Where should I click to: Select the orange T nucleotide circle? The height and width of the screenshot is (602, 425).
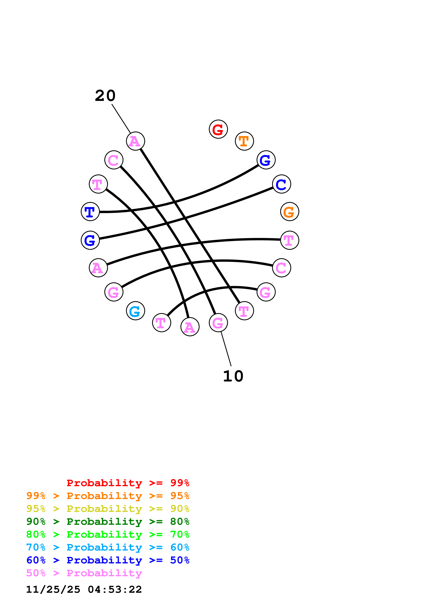coord(244,141)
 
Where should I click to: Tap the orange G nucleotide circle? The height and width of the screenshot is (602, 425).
coord(289,212)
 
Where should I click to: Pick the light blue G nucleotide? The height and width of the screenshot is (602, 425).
coord(135,311)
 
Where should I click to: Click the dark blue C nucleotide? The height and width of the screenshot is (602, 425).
coord(282,184)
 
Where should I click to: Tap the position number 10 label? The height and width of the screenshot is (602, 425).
coord(233,376)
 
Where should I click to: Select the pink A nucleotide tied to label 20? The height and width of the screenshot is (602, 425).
coord(135,141)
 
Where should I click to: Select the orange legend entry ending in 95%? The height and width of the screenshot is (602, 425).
coord(108,496)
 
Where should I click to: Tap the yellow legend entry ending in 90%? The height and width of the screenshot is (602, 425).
coord(108,509)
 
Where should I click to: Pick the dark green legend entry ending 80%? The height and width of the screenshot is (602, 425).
coord(108,522)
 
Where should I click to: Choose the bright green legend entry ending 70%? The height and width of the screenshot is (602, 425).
coord(108,534)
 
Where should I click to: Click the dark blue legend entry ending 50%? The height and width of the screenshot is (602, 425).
coord(108,560)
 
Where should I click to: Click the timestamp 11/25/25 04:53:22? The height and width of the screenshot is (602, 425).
coord(84,589)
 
